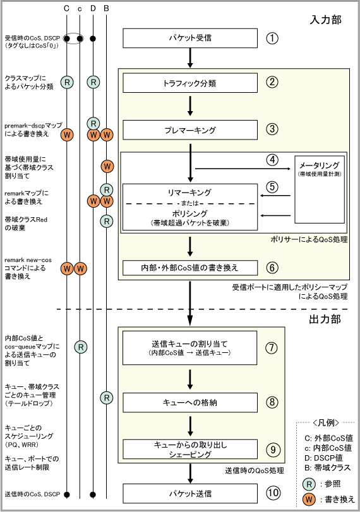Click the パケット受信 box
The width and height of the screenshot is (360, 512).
pyautogui.click(x=190, y=39)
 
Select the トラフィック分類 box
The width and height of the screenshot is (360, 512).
pyautogui.click(x=190, y=83)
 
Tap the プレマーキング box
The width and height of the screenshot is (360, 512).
pyautogui.click(x=190, y=130)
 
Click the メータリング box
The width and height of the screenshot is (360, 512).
pyautogui.click(x=320, y=189)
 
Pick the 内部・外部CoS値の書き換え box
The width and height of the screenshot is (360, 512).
pyautogui.click(x=190, y=268)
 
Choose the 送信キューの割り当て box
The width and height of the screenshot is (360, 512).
pyautogui.click(x=190, y=348)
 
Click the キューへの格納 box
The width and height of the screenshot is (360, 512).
pyautogui.click(x=190, y=403)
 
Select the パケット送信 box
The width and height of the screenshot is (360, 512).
pyautogui.click(x=190, y=494)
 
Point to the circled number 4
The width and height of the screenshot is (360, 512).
pyautogui.click(x=272, y=160)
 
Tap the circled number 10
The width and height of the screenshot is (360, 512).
pyautogui.click(x=273, y=492)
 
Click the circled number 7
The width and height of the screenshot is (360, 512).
pyautogui.click(x=272, y=348)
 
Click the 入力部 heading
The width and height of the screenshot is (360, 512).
pyautogui.click(x=325, y=20)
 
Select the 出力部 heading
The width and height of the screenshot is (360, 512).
pyautogui.click(x=325, y=319)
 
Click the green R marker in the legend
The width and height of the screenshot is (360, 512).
pyautogui.click(x=309, y=484)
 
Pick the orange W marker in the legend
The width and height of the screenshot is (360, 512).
pyautogui.click(x=309, y=499)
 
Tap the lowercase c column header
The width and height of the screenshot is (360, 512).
pyautogui.click(x=80, y=9)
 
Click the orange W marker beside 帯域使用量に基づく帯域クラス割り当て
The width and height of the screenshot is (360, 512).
pyautogui.click(x=107, y=167)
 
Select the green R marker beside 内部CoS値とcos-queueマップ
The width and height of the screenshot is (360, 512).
pyautogui.click(x=81, y=347)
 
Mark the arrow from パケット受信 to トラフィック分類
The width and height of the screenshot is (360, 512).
pyautogui.click(x=190, y=58)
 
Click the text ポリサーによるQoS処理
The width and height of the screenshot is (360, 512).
pyautogui.click(x=309, y=239)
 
